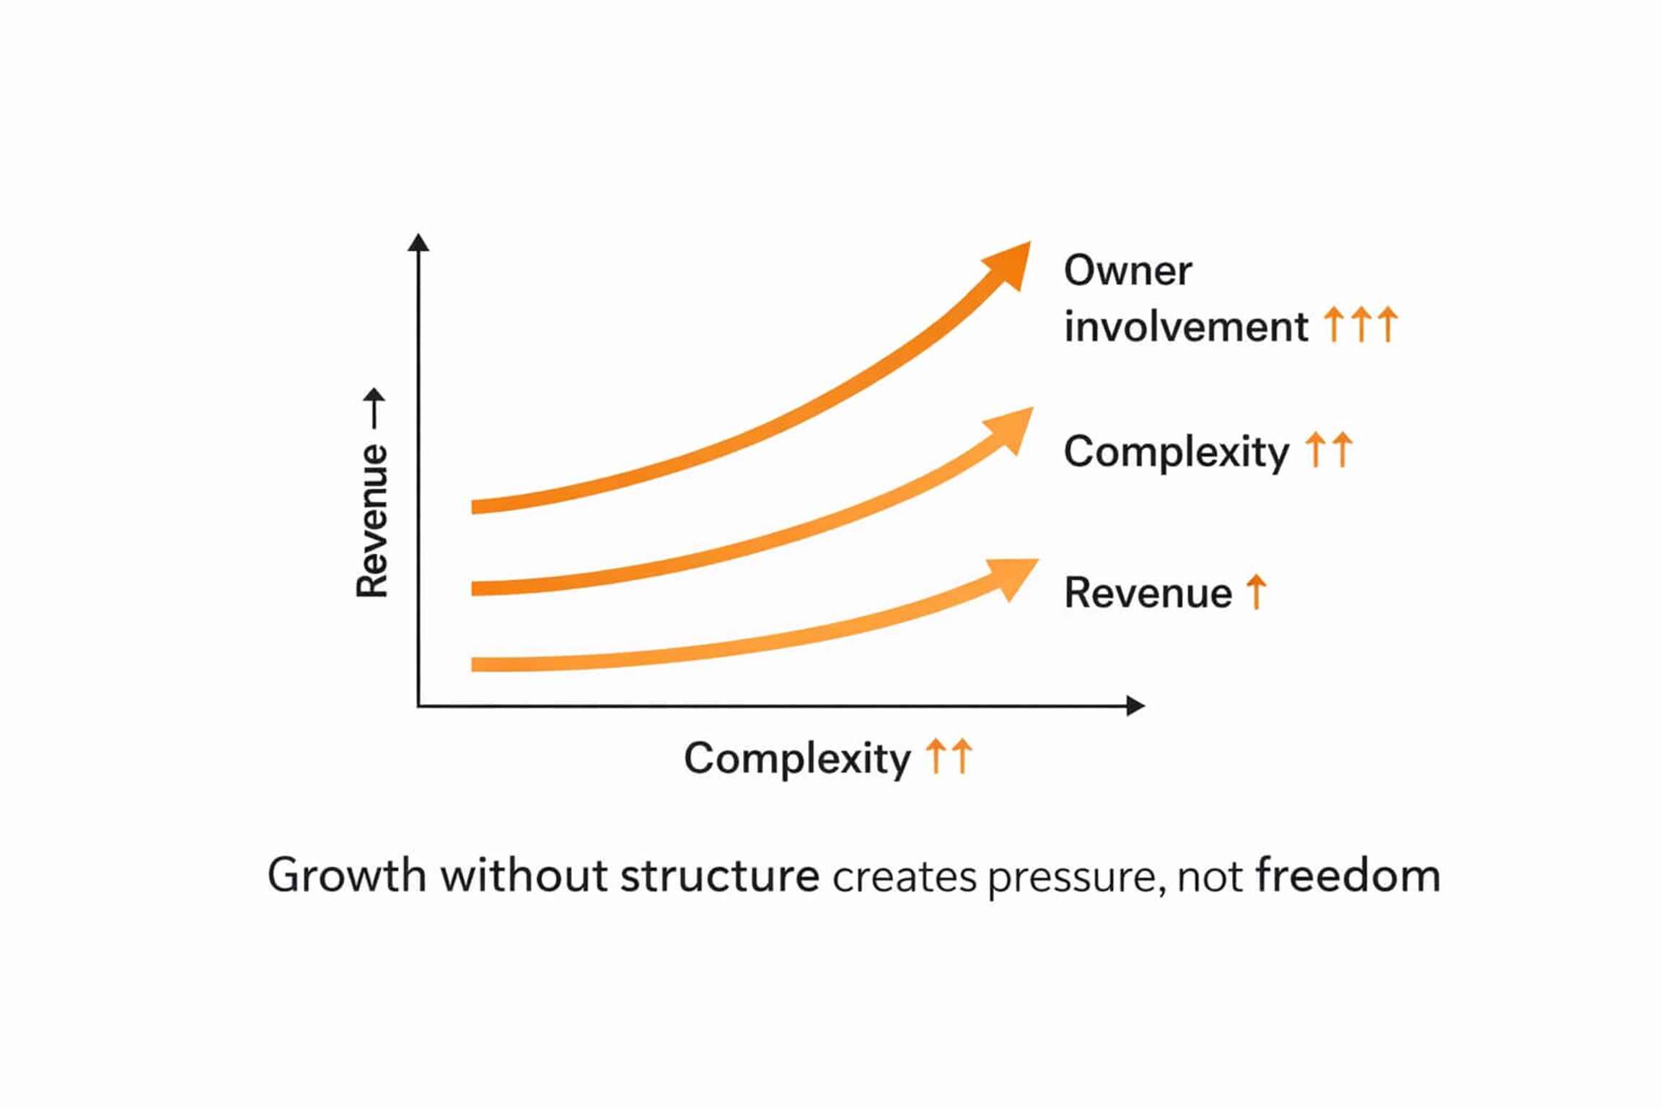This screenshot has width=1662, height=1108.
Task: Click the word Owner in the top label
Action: coord(1127,271)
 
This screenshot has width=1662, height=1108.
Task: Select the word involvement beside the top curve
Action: coord(1186,327)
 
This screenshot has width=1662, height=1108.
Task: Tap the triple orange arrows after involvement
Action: coord(1361,324)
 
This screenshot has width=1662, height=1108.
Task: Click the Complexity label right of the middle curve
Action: coord(1177,453)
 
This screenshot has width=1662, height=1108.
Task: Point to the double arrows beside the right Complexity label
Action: coord(1329,449)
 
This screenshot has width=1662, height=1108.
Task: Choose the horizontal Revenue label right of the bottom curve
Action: coord(1148,593)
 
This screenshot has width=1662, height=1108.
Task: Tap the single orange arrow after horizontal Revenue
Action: coord(1257,592)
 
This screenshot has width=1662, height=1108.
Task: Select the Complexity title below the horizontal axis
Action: coord(797,759)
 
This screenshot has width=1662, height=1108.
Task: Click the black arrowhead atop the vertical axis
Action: coord(418,242)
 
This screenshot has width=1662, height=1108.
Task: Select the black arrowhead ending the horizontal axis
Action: coord(1135,705)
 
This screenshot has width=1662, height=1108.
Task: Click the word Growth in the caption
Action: coord(346,876)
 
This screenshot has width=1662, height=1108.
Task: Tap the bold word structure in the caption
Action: coord(720,876)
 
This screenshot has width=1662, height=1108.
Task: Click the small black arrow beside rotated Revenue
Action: coord(374,408)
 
